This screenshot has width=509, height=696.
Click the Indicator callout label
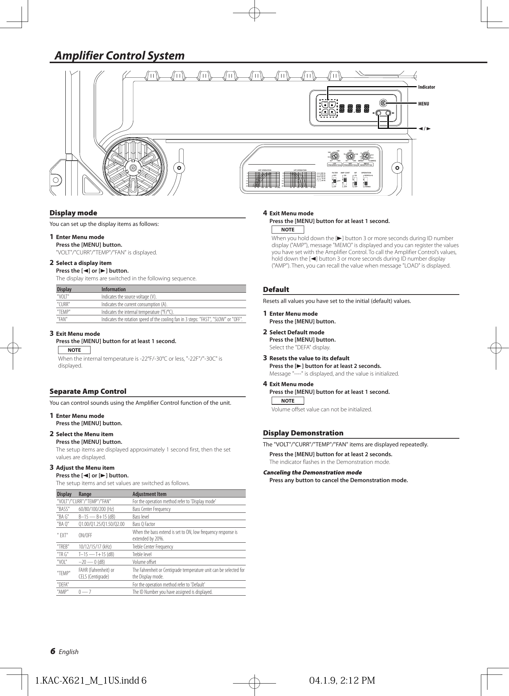click(426, 87)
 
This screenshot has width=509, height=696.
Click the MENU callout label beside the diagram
click(424, 104)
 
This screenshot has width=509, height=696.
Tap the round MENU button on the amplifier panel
click(383, 103)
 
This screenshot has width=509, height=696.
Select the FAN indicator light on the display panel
click(325, 105)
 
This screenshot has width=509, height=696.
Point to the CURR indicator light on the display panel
click(332, 112)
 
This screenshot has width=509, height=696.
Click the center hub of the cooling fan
click(133, 168)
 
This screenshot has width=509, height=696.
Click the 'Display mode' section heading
click(73, 213)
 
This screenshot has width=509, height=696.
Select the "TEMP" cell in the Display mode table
click(64, 312)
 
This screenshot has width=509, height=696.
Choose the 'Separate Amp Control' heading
click(88, 391)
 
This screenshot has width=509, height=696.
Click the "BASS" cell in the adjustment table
click(63, 509)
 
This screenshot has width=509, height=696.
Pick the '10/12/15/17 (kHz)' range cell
click(95, 547)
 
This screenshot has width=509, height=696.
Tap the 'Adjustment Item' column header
click(149, 494)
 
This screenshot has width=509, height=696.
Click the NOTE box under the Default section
click(288, 401)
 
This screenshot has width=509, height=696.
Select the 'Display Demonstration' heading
click(303, 433)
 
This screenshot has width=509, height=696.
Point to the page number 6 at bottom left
click(53, 651)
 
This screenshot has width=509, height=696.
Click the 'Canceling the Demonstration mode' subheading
click(312, 472)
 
